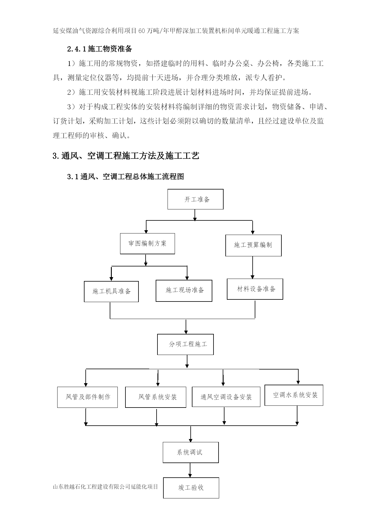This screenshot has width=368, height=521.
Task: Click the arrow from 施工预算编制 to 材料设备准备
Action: click(253, 267)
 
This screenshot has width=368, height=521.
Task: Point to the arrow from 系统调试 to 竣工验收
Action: click(190, 470)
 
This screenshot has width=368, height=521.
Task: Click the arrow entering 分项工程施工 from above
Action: click(186, 326)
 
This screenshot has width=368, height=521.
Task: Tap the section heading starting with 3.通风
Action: click(126, 156)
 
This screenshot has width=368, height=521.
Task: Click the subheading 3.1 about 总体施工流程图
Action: click(126, 176)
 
